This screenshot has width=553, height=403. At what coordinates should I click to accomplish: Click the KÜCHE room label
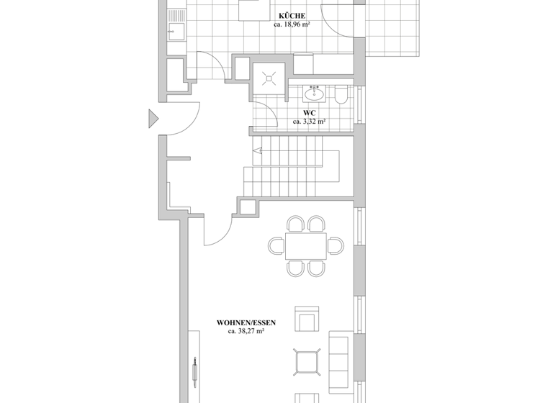coord(292,16)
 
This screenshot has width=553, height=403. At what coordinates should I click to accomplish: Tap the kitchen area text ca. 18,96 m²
coord(292,24)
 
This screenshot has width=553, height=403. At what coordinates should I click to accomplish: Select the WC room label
coord(309,113)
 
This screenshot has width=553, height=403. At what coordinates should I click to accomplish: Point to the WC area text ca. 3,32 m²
coord(309,122)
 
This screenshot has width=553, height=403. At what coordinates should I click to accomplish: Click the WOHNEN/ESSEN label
coord(246,323)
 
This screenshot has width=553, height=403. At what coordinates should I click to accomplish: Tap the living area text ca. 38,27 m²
coord(246,332)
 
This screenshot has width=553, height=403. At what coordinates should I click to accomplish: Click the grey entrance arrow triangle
coord(153,119)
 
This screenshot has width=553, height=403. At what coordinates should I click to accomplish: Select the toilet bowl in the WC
coord(341,94)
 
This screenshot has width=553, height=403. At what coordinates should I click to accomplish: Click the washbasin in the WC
coord(313,92)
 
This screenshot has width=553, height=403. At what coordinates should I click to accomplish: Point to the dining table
coord(305,245)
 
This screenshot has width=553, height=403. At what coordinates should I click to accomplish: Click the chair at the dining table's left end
coord(276,246)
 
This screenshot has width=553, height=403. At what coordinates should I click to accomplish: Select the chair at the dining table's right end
coord(336,246)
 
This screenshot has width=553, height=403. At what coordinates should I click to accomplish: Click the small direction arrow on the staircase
coord(257,150)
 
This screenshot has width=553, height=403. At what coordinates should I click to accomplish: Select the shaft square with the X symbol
coord(269,77)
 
